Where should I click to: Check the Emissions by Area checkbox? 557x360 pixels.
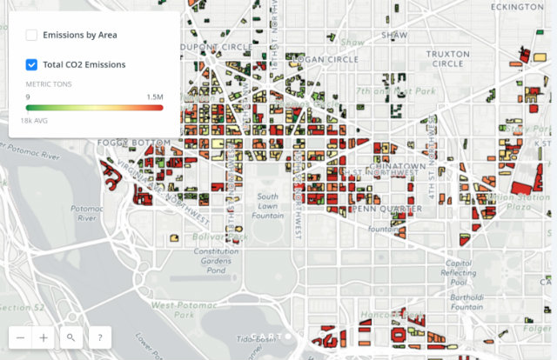[31, 36]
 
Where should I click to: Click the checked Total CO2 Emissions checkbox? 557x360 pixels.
[31, 64]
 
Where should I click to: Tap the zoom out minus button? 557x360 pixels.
[19, 337]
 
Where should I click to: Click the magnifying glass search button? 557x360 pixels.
[70, 337]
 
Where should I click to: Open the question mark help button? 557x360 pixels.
[99, 337]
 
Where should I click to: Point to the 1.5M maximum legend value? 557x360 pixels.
[154, 97]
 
